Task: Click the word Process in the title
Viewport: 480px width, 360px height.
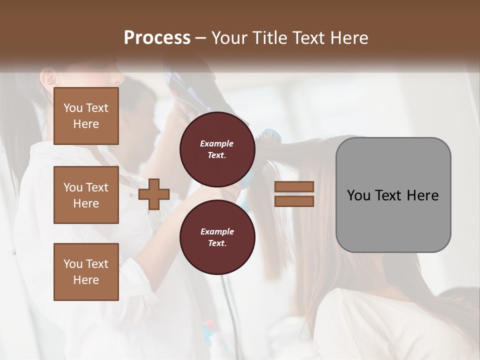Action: pyautogui.click(x=157, y=38)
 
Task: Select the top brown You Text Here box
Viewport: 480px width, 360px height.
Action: pyautogui.click(x=86, y=116)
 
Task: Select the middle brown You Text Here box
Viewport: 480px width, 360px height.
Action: pyautogui.click(x=86, y=195)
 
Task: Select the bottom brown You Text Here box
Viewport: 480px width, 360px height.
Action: pyautogui.click(x=86, y=272)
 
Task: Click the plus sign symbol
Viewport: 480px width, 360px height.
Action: pyautogui.click(x=154, y=193)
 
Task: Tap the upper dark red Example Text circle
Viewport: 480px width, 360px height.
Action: pyautogui.click(x=217, y=149)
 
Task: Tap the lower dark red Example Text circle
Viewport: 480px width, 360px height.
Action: pyautogui.click(x=217, y=237)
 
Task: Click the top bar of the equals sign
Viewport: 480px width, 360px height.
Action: pyautogui.click(x=294, y=187)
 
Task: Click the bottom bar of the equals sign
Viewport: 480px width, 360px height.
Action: pyautogui.click(x=294, y=201)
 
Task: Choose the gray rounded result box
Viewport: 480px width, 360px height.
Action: pyautogui.click(x=393, y=195)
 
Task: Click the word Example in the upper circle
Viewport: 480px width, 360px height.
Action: pyautogui.click(x=217, y=143)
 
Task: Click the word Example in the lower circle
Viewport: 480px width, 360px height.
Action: pyautogui.click(x=217, y=231)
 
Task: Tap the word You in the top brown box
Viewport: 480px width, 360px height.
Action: pyautogui.click(x=73, y=108)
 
